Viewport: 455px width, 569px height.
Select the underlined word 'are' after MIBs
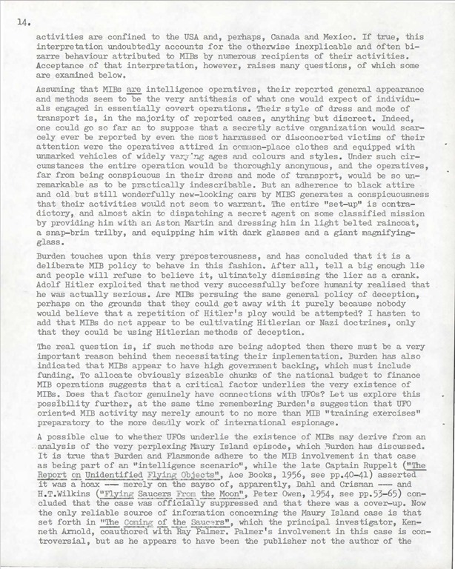coord(135,87)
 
